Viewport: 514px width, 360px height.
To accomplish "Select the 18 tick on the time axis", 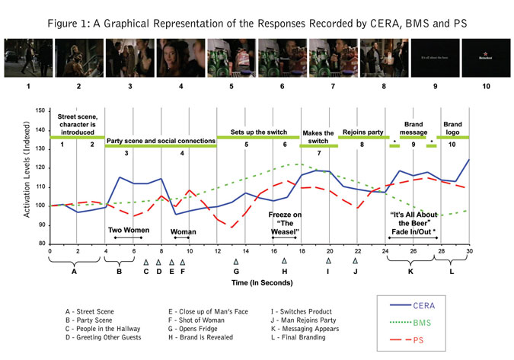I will pos(302,250).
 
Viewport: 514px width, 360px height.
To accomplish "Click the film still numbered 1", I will pos(27,55).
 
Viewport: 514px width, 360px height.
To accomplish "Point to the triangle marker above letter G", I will pos(236,261).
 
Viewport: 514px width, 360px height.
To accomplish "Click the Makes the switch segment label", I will pos(318,137).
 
